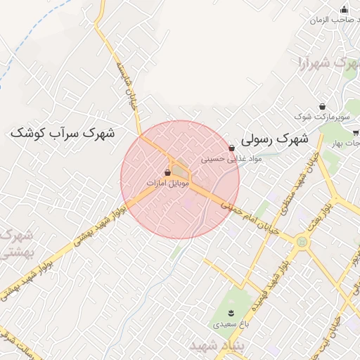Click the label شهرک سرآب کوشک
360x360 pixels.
63,132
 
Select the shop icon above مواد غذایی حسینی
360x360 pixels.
231,148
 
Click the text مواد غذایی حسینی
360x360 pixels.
231,159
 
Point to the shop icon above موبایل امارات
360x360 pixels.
167,172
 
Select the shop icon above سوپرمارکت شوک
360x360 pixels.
322,106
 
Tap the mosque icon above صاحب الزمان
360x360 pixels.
344,9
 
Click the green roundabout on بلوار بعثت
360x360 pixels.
302,242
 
